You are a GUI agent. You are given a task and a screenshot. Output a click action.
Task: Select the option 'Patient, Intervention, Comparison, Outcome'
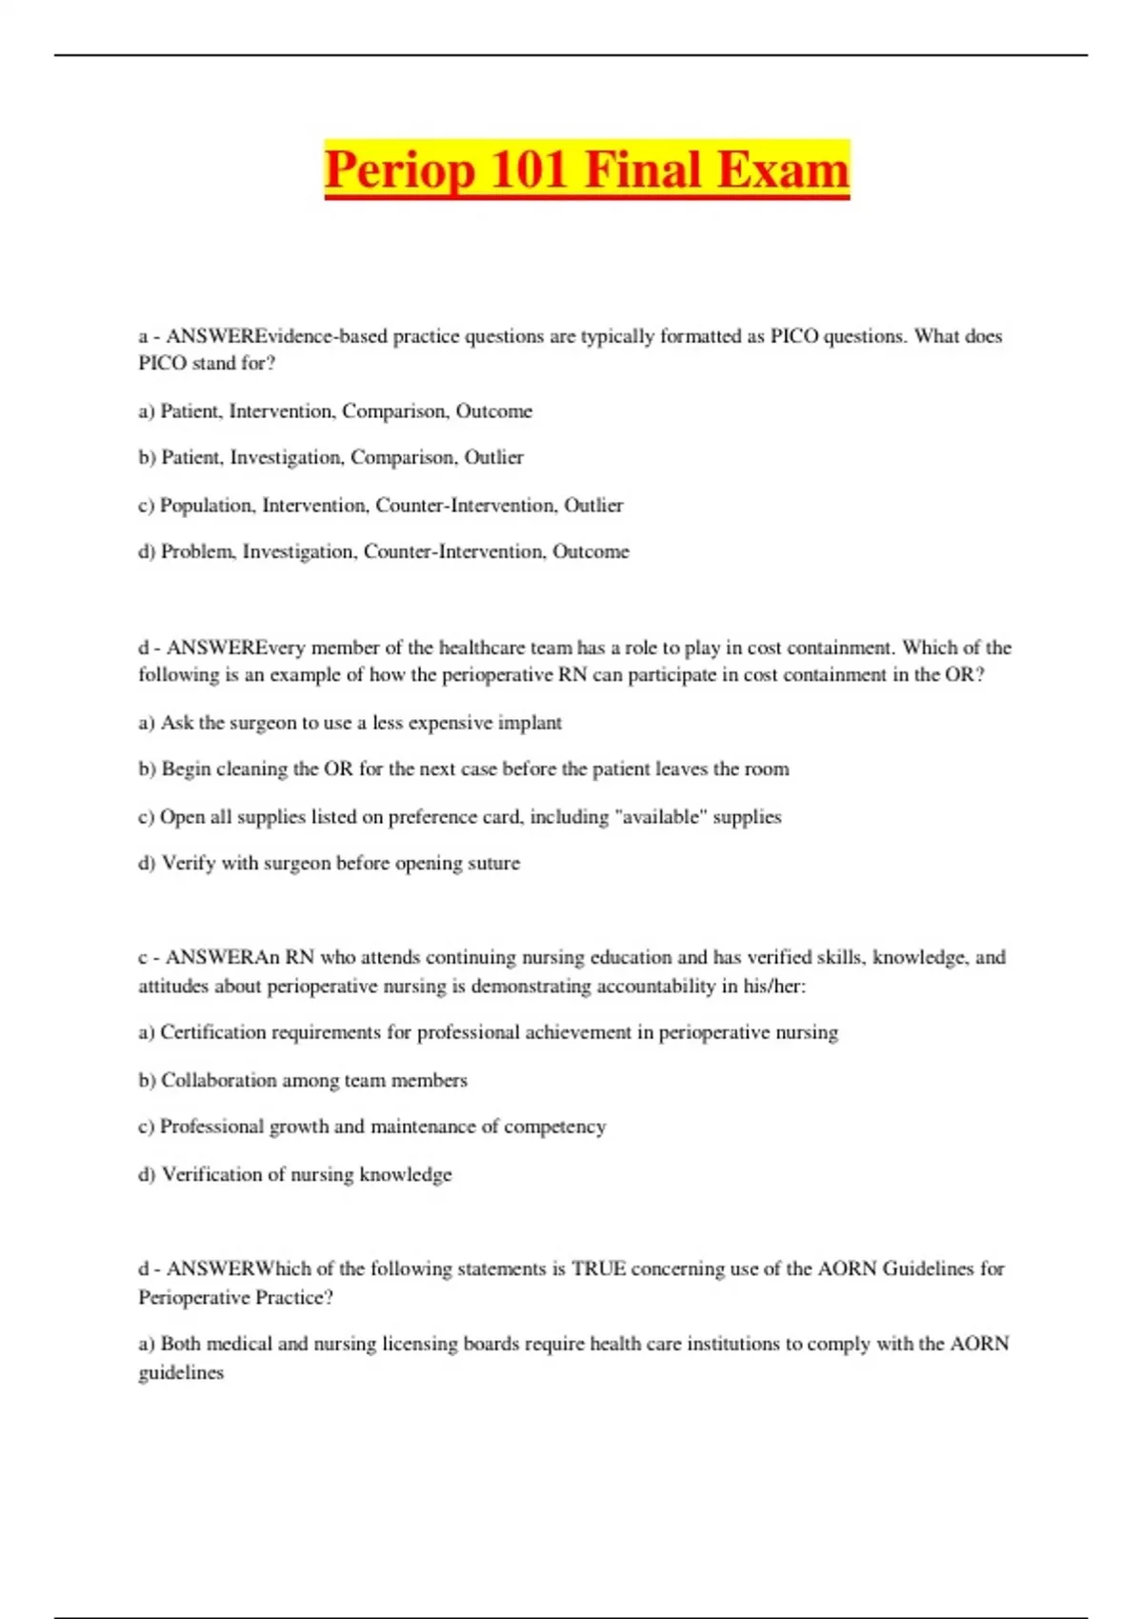(335, 411)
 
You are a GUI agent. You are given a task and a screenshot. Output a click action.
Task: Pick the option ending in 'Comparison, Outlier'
(331, 458)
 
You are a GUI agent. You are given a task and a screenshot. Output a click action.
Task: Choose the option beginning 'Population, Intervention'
(381, 506)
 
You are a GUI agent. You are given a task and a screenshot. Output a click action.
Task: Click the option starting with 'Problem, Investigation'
(385, 551)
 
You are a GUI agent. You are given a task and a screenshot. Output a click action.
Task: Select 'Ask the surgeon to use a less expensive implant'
(351, 723)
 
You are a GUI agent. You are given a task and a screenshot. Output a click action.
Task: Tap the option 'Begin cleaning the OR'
(464, 770)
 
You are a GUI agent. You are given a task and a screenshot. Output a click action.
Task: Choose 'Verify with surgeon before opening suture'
(330, 864)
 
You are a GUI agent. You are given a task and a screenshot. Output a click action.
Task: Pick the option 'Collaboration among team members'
(303, 1081)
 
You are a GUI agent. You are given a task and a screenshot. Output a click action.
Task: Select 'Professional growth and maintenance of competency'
(372, 1127)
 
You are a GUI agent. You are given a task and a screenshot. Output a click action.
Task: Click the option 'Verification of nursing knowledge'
(295, 1175)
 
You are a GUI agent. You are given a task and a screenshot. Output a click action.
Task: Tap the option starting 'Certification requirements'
(489, 1033)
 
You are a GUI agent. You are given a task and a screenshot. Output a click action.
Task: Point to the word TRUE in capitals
(598, 1269)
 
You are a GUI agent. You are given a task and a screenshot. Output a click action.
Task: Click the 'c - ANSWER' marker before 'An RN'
(196, 958)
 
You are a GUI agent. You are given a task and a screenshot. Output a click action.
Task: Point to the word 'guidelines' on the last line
(181, 1373)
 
